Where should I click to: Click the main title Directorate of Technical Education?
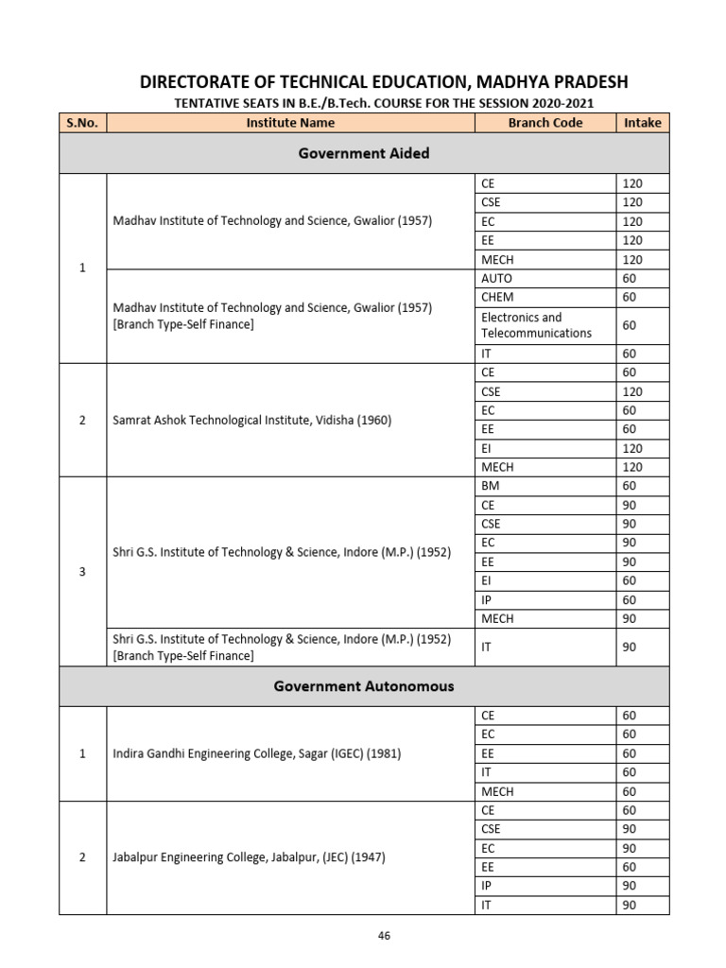point(383,82)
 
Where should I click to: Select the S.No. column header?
point(82,122)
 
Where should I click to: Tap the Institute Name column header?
point(290,122)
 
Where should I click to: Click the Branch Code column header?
point(544,122)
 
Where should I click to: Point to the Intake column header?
point(643,122)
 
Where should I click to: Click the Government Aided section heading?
point(364,153)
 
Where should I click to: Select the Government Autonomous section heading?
point(364,686)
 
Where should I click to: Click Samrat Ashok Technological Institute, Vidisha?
point(251,421)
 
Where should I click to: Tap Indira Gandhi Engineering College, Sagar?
point(257,753)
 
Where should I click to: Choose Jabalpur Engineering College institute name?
point(249,857)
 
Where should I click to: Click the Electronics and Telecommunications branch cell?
point(536,325)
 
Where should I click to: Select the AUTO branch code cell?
point(497,278)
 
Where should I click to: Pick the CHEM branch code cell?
point(498,297)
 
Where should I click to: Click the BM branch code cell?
point(491,486)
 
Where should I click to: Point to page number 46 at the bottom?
point(384,936)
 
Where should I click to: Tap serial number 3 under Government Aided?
point(82,571)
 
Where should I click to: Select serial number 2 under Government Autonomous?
point(82,857)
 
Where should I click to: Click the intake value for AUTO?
point(630,278)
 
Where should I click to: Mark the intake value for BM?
point(630,486)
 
